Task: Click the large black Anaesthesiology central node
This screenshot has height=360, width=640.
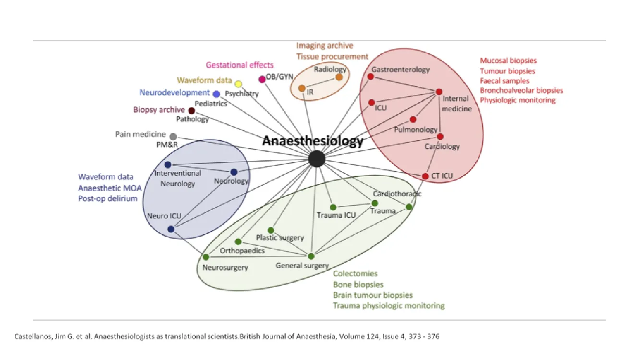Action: click(x=316, y=159)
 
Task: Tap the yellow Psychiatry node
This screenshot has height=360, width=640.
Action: click(x=238, y=84)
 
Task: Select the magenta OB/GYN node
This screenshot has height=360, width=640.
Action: click(x=262, y=79)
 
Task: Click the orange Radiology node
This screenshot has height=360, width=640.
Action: click(x=339, y=77)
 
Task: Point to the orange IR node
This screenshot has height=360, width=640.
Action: click(x=302, y=88)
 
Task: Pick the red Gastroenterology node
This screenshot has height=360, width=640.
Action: click(x=371, y=76)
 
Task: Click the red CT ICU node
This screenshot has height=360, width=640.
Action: click(x=425, y=176)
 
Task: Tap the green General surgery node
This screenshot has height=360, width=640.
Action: click(x=311, y=256)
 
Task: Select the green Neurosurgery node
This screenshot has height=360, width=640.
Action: click(x=206, y=257)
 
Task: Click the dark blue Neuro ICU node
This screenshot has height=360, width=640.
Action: click(x=171, y=229)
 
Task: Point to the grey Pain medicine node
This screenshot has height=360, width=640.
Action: click(x=173, y=137)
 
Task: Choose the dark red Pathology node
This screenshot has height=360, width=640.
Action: click(x=192, y=111)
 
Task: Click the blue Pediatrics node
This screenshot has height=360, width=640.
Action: click(x=217, y=94)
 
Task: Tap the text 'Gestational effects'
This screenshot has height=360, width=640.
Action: click(x=240, y=65)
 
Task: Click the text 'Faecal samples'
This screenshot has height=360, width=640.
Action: click(x=504, y=81)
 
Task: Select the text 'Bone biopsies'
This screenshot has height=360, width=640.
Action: click(x=358, y=285)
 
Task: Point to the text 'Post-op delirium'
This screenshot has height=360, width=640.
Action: click(x=108, y=198)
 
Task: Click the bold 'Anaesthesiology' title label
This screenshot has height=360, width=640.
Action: click(x=313, y=141)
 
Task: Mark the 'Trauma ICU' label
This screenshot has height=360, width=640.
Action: click(x=336, y=215)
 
